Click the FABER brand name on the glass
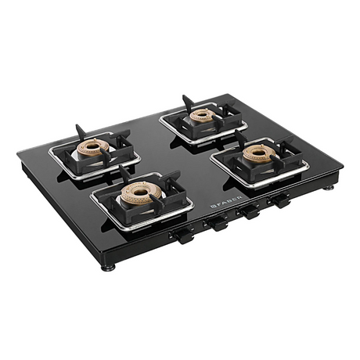[x=229, y=202]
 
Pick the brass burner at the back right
[x=203, y=115]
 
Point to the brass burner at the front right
[x=259, y=153]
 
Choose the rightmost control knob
[x=279, y=200]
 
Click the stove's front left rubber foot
[x=108, y=268]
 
